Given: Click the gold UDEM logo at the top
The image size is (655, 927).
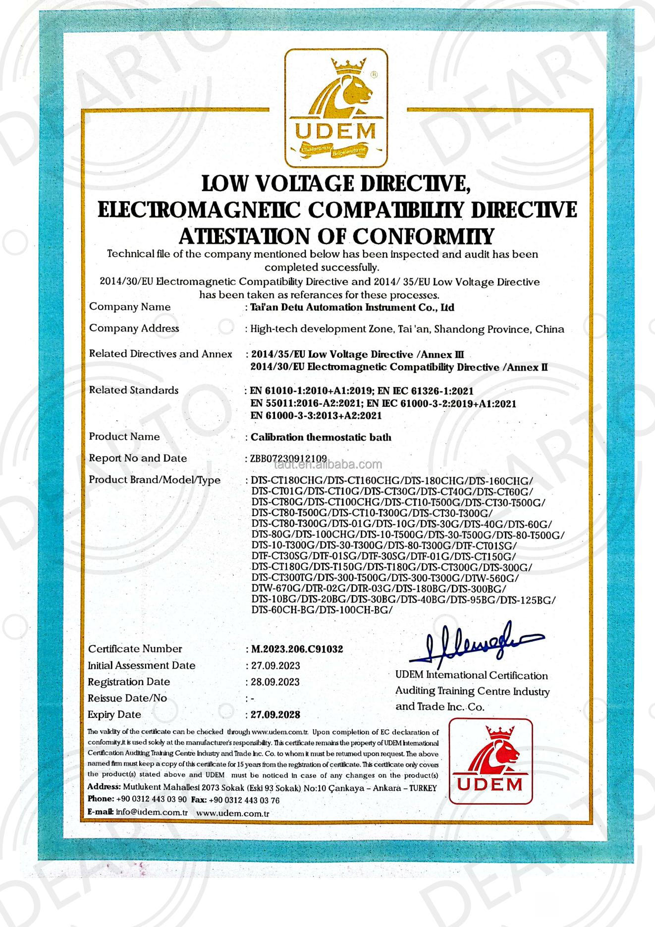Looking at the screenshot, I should click(336, 109).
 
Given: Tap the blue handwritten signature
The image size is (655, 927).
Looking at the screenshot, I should click(476, 644).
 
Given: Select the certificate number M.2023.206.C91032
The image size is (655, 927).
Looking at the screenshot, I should click(297, 649).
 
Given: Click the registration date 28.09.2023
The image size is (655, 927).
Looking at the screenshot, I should click(275, 682).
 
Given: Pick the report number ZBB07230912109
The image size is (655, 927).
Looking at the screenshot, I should click(288, 458).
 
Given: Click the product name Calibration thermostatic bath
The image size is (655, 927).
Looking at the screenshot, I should click(321, 437).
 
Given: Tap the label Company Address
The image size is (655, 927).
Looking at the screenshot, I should click(134, 328).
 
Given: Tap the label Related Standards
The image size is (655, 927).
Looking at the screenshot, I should click(134, 390).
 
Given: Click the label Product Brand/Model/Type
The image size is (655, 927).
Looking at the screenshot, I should click(155, 480).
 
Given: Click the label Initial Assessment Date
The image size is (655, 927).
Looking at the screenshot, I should click(142, 665).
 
